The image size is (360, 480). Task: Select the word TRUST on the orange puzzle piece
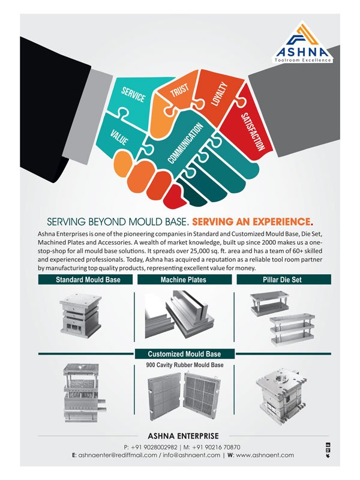pos(179,91)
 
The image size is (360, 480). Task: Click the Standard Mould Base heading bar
pos(88,280)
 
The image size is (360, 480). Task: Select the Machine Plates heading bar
pos(184,280)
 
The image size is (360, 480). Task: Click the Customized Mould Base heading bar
pos(184,354)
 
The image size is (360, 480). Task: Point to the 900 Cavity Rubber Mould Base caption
pos(184,365)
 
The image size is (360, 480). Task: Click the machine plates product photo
pos(180,315)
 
